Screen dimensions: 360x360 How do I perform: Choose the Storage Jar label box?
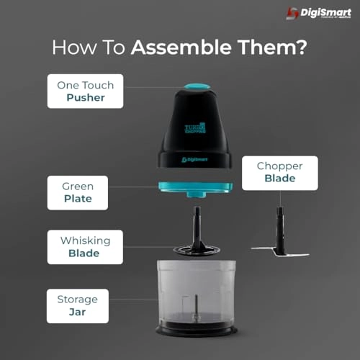pyautogui.click(x=77, y=306)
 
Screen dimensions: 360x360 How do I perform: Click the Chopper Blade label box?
pyautogui.click(x=279, y=172)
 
